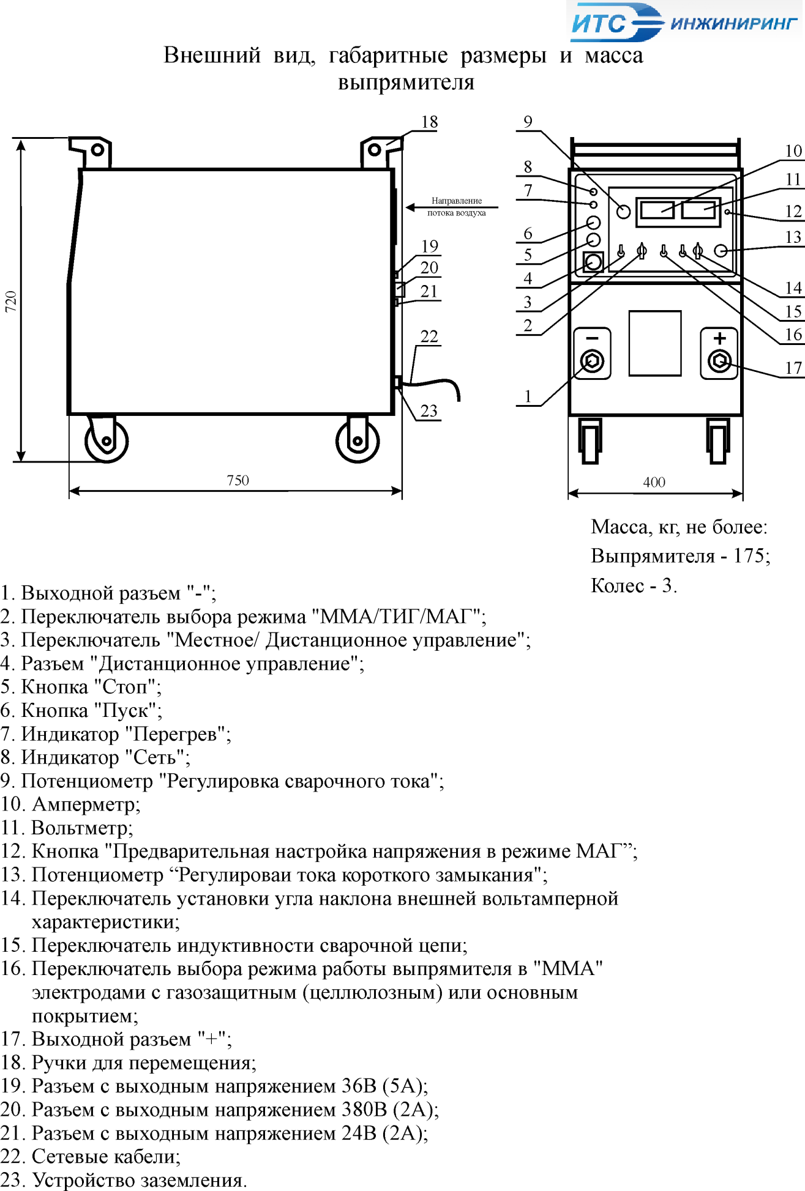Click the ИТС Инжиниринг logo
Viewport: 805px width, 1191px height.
tap(684, 23)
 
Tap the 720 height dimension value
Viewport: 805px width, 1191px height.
tap(11, 302)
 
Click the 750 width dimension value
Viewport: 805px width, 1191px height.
tap(238, 480)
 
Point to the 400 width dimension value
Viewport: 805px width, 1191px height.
tap(654, 482)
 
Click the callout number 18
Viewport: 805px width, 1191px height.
tap(429, 122)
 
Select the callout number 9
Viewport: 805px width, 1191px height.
tap(528, 122)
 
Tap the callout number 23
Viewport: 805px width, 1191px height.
tap(429, 410)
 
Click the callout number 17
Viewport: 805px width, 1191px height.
tap(793, 368)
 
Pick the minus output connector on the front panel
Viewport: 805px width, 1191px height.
tap(592, 354)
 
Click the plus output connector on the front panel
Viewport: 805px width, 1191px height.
tap(720, 354)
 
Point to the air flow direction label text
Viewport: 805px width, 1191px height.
tap(457, 207)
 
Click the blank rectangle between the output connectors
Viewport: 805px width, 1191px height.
tap(655, 343)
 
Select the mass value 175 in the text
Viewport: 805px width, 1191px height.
tap(749, 556)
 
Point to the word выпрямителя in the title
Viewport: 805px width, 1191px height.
tap(406, 83)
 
